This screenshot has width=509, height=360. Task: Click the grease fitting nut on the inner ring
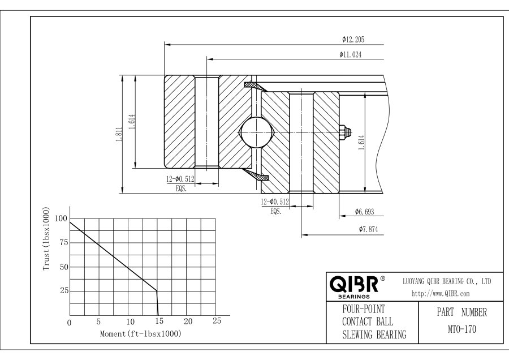[344, 134]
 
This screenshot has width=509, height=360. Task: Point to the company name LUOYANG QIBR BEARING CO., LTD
[446, 281]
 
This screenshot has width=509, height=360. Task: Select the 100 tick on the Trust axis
[61, 218]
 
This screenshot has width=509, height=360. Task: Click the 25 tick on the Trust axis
[63, 290]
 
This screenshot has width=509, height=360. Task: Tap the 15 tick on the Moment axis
[158, 322]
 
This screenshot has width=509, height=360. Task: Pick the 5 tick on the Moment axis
[98, 322]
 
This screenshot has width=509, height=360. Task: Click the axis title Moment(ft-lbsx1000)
[141, 334]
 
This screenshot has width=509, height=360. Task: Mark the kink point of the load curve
[157, 290]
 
